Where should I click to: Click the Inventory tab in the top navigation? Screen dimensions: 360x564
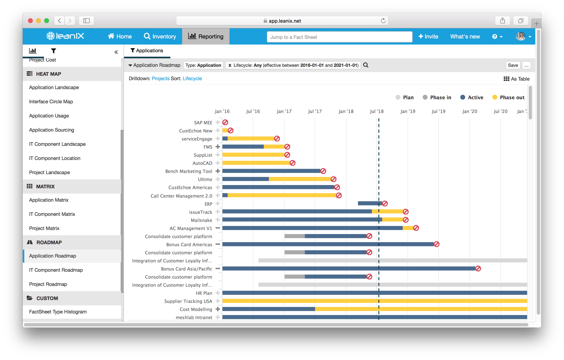(x=160, y=36)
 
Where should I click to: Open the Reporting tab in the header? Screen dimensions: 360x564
(x=206, y=36)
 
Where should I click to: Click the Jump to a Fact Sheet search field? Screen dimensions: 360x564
(x=339, y=37)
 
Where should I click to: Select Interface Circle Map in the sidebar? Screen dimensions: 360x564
(x=51, y=102)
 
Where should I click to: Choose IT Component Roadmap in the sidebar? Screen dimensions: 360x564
(x=56, y=270)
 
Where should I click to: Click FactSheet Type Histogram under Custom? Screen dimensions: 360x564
(x=58, y=312)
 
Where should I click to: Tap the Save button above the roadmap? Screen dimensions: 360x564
(x=512, y=65)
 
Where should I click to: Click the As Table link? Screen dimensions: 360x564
(x=516, y=79)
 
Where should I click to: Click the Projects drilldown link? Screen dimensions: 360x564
(x=160, y=79)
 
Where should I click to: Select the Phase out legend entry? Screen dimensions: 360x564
(x=508, y=97)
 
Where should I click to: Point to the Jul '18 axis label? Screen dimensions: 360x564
(x=376, y=111)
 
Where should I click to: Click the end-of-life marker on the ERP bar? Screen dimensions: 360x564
(x=385, y=204)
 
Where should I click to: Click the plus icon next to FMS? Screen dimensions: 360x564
(x=218, y=147)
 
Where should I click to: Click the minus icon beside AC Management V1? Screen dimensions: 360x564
(x=218, y=228)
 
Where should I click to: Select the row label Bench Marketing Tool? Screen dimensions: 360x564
(x=188, y=171)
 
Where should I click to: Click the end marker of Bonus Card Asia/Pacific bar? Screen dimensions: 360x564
(x=478, y=269)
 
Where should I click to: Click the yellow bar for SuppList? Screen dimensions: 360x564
(x=253, y=155)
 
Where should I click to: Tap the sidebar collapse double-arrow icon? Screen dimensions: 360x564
(x=116, y=52)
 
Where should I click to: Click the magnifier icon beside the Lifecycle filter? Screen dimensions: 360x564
(x=366, y=65)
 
